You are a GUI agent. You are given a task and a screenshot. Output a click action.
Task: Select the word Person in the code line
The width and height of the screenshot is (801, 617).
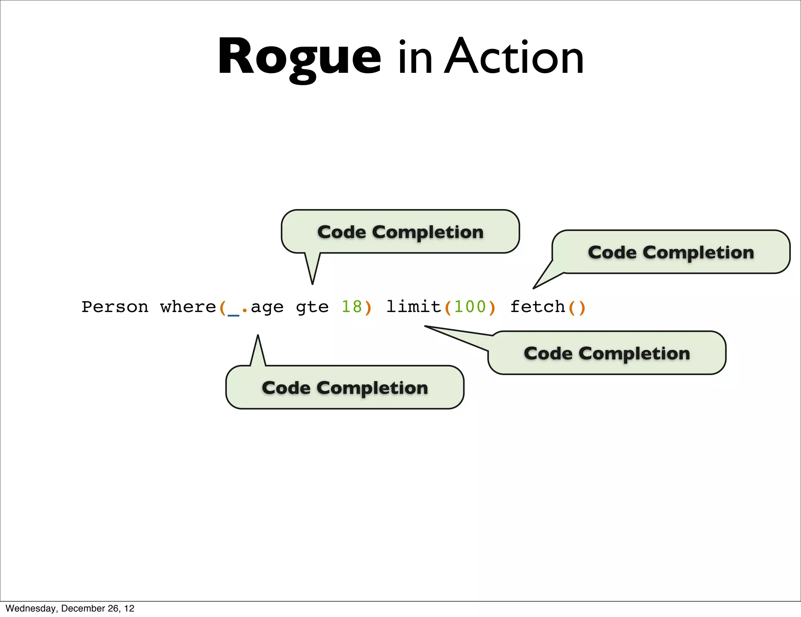pyautogui.click(x=115, y=307)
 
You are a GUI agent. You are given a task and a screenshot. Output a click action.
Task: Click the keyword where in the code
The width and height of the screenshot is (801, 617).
pyautogui.click(x=188, y=307)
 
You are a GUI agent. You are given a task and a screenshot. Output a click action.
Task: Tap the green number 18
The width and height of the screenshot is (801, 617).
pyautogui.click(x=352, y=307)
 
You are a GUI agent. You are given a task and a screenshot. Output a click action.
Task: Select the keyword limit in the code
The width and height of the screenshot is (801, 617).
pyautogui.click(x=413, y=307)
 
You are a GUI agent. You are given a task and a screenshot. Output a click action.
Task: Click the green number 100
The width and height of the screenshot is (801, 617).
pyautogui.click(x=470, y=307)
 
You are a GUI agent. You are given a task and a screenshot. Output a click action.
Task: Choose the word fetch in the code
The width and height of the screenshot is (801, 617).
pyautogui.click(x=538, y=307)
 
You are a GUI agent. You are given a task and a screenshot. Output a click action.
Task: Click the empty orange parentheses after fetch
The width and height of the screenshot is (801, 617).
pyautogui.click(x=577, y=307)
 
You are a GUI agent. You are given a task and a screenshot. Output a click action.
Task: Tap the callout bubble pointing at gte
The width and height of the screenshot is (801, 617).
pyautogui.click(x=400, y=232)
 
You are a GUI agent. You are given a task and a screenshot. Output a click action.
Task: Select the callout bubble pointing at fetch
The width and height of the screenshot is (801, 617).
pyautogui.click(x=671, y=252)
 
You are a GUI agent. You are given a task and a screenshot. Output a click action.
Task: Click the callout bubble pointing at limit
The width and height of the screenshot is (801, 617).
pyautogui.click(x=607, y=353)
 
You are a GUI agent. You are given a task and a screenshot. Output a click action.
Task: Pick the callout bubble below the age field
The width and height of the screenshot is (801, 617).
pyautogui.click(x=345, y=388)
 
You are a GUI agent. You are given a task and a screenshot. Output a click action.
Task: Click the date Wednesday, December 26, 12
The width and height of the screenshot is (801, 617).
pyautogui.click(x=70, y=608)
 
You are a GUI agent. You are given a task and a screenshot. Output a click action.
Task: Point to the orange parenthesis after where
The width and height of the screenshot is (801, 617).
pyautogui.click(x=222, y=308)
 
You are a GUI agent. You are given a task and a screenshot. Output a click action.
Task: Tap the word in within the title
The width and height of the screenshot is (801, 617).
pyautogui.click(x=415, y=59)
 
